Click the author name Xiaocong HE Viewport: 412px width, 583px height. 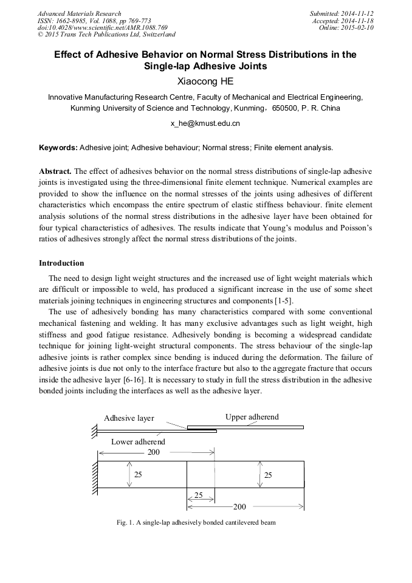coord(205,81)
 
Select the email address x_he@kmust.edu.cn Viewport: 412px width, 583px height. coord(205,123)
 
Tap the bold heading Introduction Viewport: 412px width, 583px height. coord(61,263)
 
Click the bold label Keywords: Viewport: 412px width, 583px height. coord(58,147)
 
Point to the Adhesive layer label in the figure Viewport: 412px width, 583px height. coord(129,418)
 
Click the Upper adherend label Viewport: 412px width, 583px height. coord(252,416)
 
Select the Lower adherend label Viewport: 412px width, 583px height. coord(138,442)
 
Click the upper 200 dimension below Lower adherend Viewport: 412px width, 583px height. coord(154,452)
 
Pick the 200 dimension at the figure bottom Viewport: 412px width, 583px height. coord(239,506)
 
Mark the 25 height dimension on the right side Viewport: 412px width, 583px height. coord(268,475)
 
